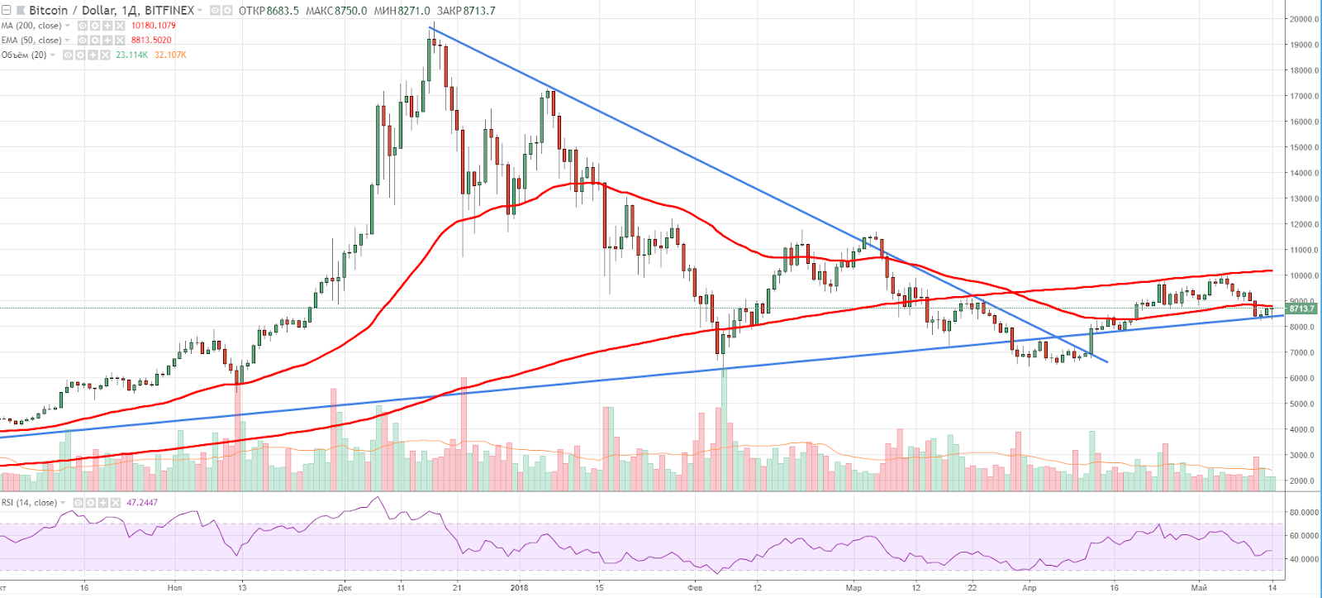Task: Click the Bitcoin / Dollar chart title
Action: tap(112, 10)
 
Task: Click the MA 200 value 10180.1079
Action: tap(154, 26)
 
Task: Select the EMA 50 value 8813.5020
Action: tap(151, 40)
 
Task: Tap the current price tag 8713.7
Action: tap(1301, 309)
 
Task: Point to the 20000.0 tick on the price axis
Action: tap(1304, 19)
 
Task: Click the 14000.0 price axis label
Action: tap(1304, 173)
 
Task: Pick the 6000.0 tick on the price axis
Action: tap(1303, 378)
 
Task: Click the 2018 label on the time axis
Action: tap(519, 588)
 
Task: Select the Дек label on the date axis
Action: tap(345, 588)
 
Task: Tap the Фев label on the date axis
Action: tap(695, 588)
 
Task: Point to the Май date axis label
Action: tap(1199, 588)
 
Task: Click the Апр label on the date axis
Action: tap(1029, 588)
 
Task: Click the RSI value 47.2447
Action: tap(142, 502)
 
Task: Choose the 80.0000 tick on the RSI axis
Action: tap(1304, 512)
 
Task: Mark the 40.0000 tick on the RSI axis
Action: tap(1304, 559)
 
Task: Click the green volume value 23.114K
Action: tap(132, 55)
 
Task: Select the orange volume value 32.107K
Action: tap(171, 55)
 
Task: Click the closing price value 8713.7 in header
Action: tap(479, 11)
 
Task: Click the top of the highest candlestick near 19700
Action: tap(430, 28)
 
